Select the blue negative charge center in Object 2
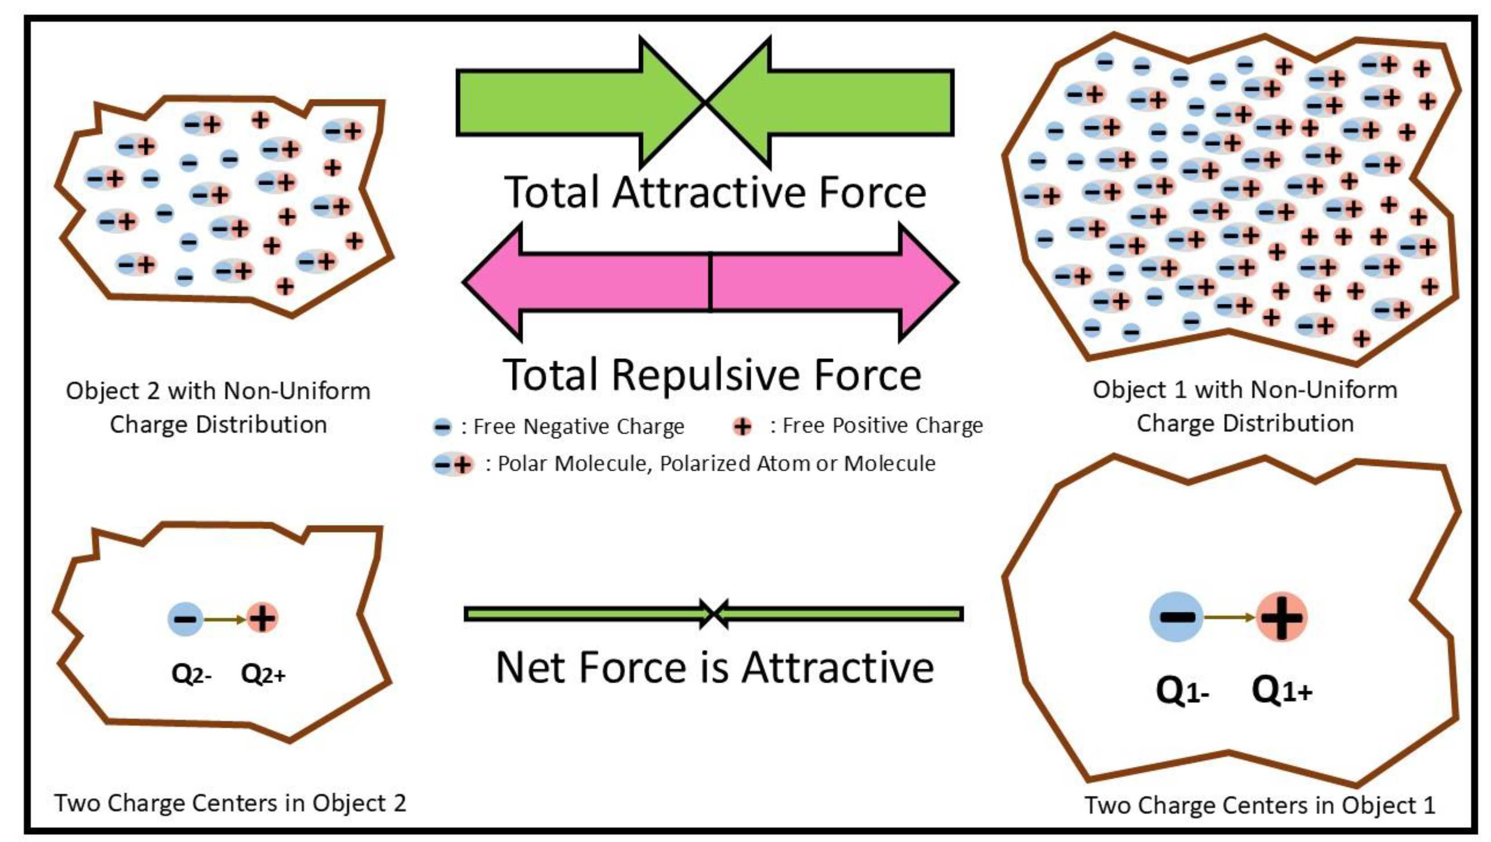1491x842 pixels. [185, 619]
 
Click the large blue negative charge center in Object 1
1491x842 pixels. [1176, 617]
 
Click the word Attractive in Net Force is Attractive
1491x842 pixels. [838, 668]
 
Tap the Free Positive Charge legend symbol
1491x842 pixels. [743, 427]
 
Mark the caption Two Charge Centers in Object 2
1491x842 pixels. [230, 803]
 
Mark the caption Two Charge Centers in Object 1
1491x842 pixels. [1259, 805]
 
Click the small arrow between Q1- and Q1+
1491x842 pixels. [1230, 617]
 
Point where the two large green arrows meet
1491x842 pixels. [705, 102]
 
